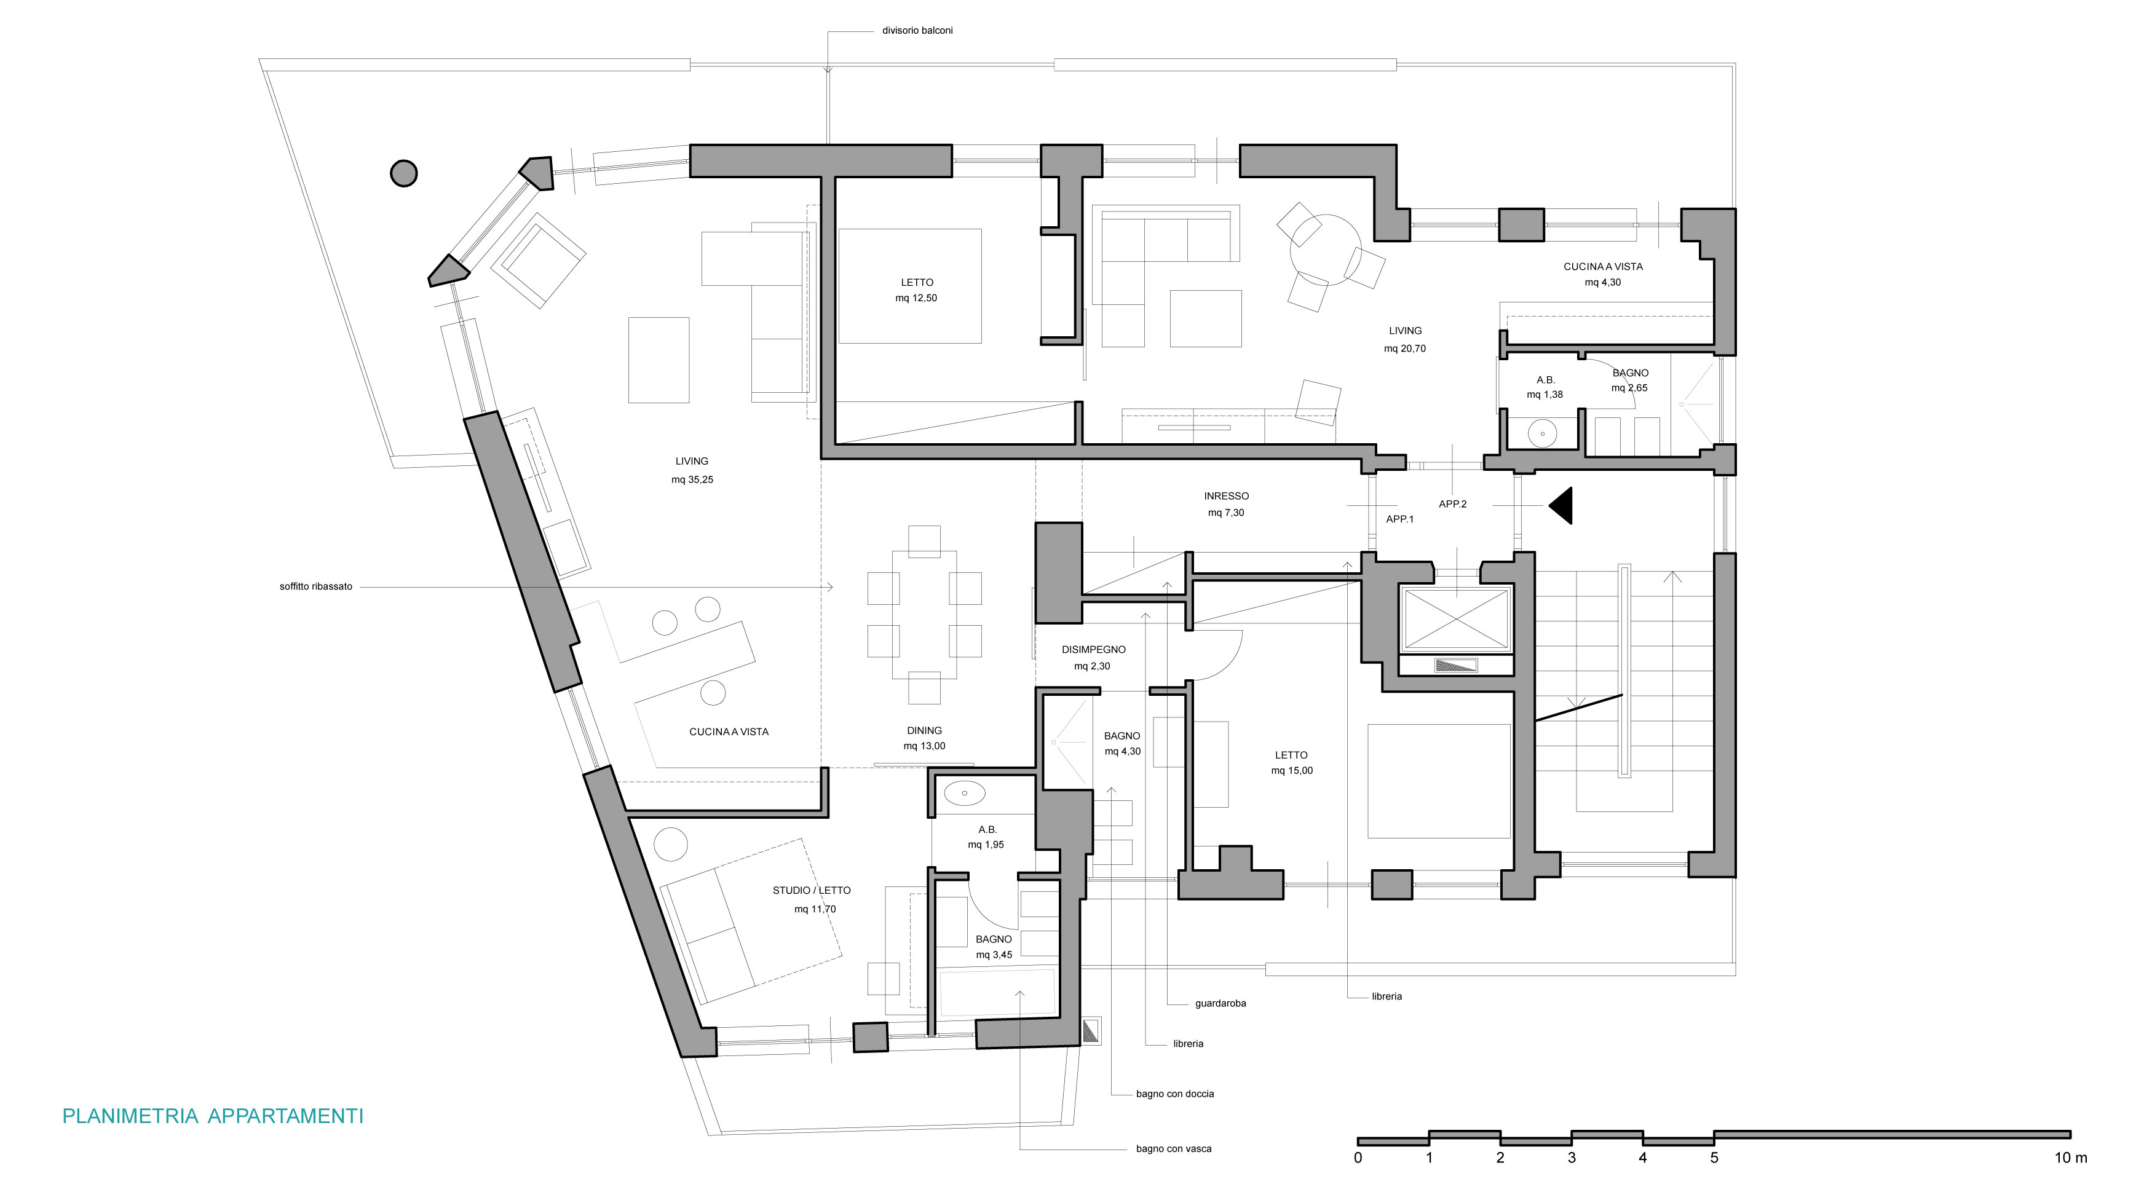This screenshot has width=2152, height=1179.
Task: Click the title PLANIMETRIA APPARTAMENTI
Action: [213, 1116]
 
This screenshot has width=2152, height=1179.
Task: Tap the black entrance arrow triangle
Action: [1561, 506]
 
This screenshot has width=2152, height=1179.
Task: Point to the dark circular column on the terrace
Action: [403, 174]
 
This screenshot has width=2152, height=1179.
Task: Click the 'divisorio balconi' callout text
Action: [917, 31]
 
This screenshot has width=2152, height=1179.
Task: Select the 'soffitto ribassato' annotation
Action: [316, 587]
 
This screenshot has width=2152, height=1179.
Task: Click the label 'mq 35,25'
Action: [692, 480]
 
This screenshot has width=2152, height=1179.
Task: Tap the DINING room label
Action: [924, 731]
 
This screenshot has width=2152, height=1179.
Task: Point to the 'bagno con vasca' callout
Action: [1174, 1149]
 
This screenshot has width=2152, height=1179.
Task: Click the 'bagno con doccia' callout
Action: [1174, 1094]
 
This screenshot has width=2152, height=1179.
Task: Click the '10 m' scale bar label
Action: [2070, 1158]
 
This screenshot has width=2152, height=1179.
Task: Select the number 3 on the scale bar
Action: [1572, 1158]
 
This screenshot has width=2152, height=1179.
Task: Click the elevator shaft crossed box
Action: [1456, 619]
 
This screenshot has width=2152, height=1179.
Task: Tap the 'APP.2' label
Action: [1453, 504]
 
